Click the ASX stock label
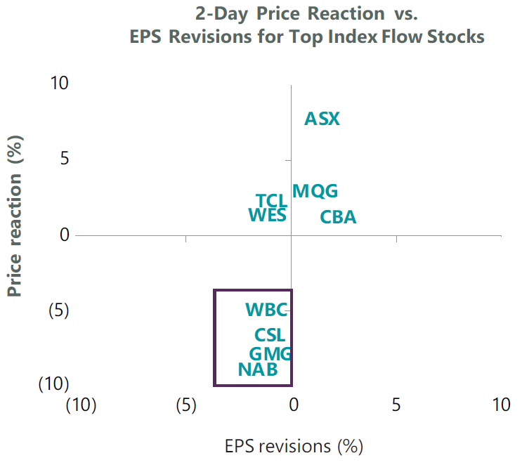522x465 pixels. point(322,119)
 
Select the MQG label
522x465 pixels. point(315,191)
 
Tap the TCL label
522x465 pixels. point(271,202)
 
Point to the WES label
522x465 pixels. point(268,215)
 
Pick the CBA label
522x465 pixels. point(338,217)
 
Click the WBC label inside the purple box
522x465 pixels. point(266,310)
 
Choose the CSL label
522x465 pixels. point(270,336)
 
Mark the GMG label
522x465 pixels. point(270,354)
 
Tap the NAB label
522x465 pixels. point(258,369)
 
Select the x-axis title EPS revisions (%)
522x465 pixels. point(294,446)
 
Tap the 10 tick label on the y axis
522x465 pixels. point(59,83)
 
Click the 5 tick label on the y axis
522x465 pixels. point(64,159)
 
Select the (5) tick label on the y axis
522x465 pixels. point(59,310)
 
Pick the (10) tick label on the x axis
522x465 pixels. point(80,405)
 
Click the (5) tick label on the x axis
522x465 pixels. point(185,405)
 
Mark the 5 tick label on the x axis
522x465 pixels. point(396,405)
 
